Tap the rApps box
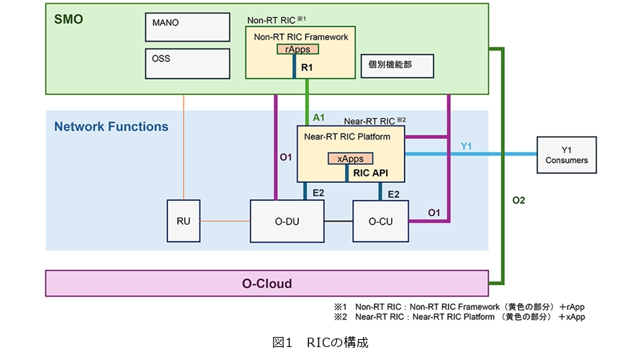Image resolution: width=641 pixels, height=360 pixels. click(298, 50)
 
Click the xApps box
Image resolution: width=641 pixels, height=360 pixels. click(351, 158)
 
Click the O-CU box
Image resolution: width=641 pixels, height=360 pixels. click(380, 222)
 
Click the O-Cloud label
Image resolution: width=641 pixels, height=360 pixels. click(266, 284)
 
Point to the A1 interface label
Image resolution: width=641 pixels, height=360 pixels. click(318, 117)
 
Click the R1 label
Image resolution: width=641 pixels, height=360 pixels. click(308, 67)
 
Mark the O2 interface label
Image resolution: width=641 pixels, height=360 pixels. click(519, 201)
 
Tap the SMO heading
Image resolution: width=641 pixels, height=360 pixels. click(68, 19)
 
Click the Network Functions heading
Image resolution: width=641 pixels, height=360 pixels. click(111, 127)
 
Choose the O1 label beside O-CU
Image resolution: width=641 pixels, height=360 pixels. click(434, 212)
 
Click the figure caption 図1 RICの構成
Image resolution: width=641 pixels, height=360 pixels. click(320, 343)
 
